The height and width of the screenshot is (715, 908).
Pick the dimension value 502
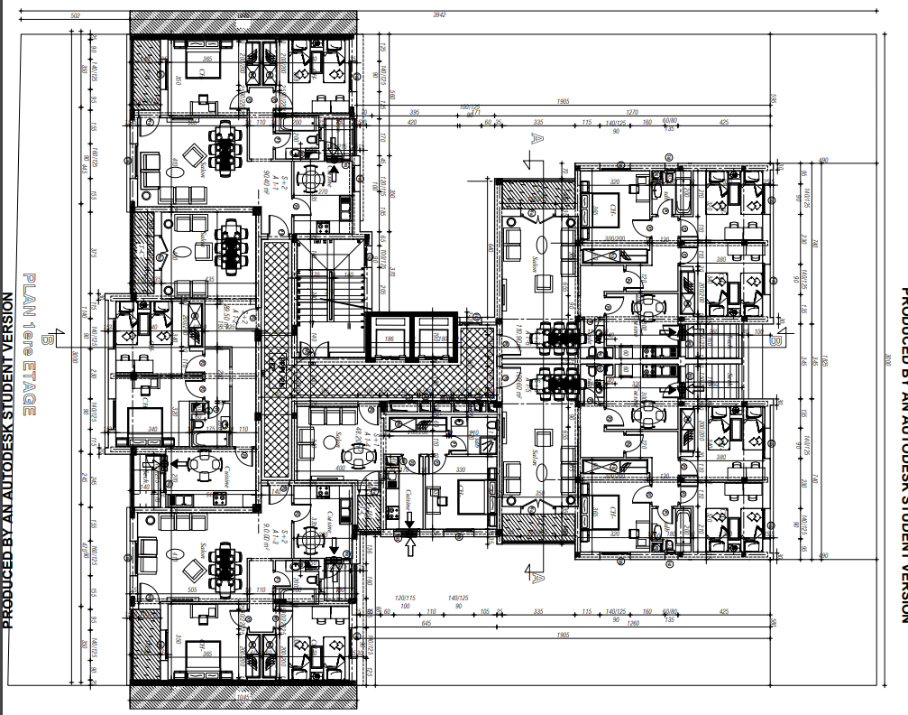point(75,15)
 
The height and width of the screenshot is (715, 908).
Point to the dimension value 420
point(412,122)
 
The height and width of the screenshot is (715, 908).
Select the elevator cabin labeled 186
point(390,339)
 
